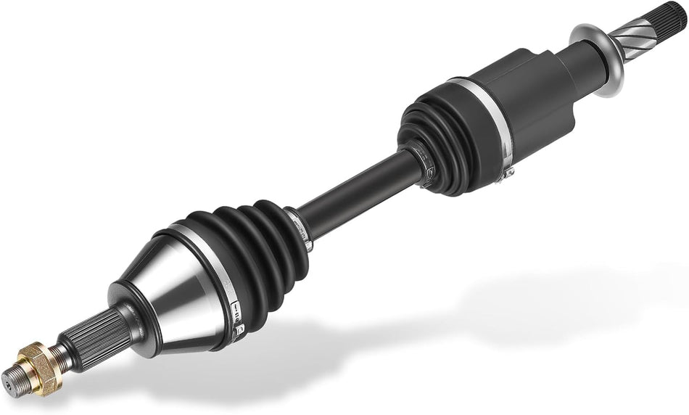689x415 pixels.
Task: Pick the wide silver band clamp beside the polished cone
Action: pos(210,261)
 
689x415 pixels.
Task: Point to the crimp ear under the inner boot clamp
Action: pos(508,171)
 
